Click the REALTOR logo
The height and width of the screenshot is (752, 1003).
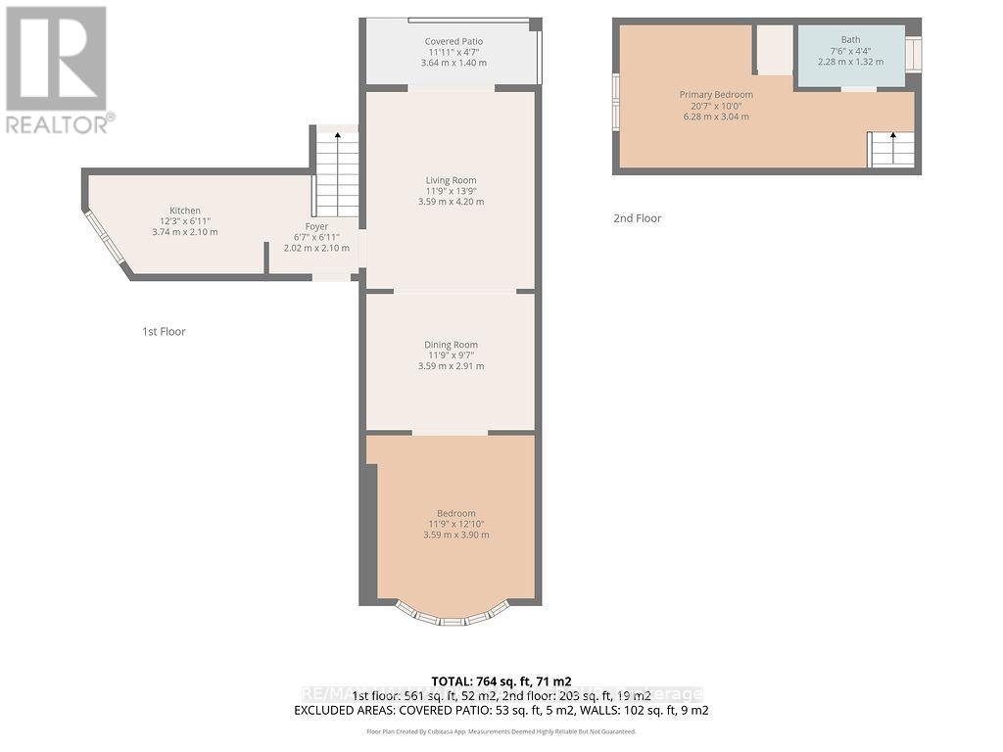pyautogui.click(x=58, y=69)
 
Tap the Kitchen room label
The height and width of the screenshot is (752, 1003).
pyautogui.click(x=185, y=211)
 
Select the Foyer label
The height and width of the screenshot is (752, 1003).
pyautogui.click(x=316, y=226)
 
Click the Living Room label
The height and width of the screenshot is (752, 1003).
pyautogui.click(x=451, y=180)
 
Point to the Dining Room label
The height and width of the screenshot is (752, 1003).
pyautogui.click(x=451, y=345)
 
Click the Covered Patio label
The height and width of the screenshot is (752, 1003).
pyautogui.click(x=454, y=41)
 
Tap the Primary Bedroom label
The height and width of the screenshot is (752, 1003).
pyautogui.click(x=716, y=95)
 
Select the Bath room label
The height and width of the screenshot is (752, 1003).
pyautogui.click(x=850, y=40)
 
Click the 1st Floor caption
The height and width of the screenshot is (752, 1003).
pyautogui.click(x=164, y=332)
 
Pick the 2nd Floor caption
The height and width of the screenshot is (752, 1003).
pyautogui.click(x=637, y=218)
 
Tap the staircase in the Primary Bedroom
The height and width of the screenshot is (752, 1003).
pyautogui.click(x=891, y=150)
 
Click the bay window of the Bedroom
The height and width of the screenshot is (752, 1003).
pyautogui.click(x=452, y=614)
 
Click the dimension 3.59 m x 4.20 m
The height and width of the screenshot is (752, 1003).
pyautogui.click(x=451, y=202)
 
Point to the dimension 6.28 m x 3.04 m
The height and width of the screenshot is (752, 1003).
pyautogui.click(x=716, y=117)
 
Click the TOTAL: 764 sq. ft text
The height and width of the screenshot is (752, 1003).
pyautogui.click(x=501, y=681)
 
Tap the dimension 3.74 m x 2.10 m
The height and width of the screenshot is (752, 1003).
pyautogui.click(x=185, y=232)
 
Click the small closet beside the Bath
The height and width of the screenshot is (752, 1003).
pyautogui.click(x=775, y=49)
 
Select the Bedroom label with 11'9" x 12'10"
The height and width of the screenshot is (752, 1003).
pyautogui.click(x=455, y=513)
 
